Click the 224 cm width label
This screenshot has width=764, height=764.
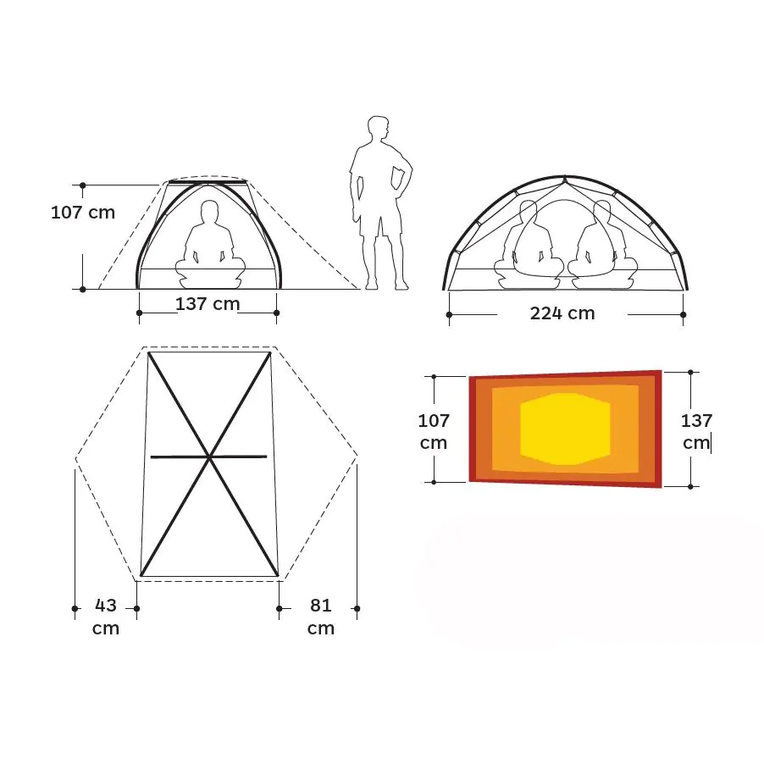tap(562, 313)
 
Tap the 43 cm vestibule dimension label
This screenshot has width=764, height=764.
tap(106, 617)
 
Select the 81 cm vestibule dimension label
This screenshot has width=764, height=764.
tap(321, 617)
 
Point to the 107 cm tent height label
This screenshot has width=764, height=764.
tap(83, 213)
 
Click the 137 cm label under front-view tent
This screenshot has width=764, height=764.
tap(208, 304)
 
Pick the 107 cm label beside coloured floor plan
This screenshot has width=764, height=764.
tap(434, 432)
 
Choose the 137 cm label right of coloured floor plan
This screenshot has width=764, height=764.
tap(696, 432)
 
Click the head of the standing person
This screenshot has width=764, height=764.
tap(378, 128)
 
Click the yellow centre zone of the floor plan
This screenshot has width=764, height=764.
tap(565, 429)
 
